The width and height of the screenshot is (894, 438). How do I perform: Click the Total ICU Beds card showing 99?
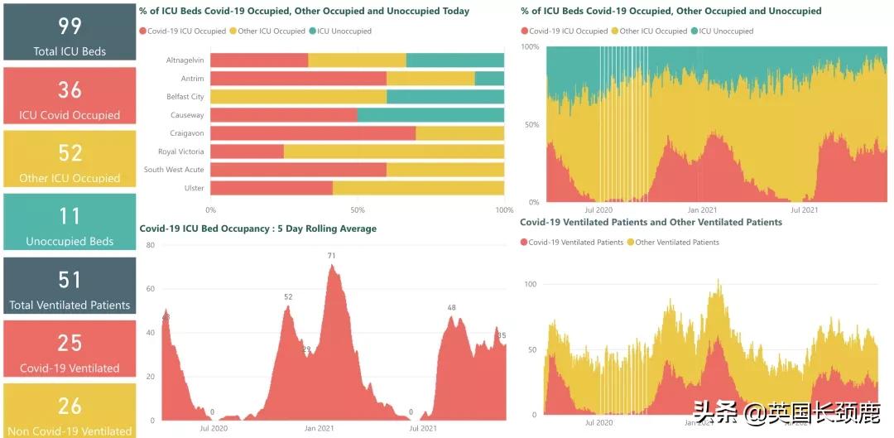tap(70, 33)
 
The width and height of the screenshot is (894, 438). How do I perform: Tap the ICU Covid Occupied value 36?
tap(70, 89)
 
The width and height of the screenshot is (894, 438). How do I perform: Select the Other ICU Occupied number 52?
tap(70, 152)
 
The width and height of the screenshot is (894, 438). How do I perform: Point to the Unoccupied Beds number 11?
tap(70, 216)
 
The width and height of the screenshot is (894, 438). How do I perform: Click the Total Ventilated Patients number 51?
tap(70, 279)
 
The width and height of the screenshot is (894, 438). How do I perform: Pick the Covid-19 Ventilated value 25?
tap(70, 342)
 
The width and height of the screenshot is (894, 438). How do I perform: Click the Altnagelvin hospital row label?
tap(185, 60)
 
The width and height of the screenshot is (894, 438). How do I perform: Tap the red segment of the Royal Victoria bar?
tap(247, 152)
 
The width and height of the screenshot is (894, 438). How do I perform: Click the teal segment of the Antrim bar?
tap(489, 79)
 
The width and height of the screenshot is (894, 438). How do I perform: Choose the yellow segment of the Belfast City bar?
tap(298, 97)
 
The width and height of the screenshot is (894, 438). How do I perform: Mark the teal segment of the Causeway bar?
tap(430, 115)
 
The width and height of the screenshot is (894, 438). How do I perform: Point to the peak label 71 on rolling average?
tap(331, 256)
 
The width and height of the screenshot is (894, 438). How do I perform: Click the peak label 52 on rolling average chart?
tap(288, 296)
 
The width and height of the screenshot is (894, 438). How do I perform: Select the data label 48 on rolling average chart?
tap(452, 308)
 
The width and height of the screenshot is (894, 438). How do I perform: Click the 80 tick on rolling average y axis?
tap(151, 245)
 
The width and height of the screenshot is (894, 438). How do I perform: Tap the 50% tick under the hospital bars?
tap(358, 210)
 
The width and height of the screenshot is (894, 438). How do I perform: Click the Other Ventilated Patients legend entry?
tap(677, 243)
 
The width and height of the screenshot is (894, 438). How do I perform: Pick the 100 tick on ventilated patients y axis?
tap(531, 284)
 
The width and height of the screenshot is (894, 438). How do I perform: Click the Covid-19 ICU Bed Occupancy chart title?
tap(257, 229)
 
